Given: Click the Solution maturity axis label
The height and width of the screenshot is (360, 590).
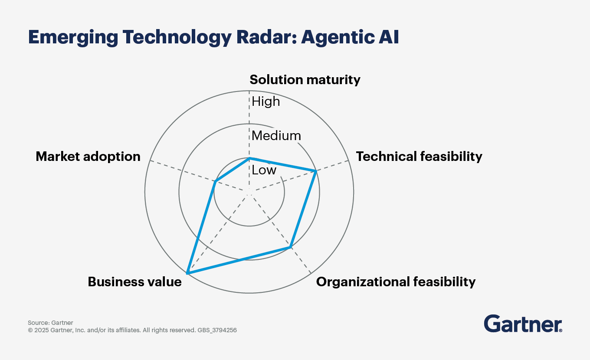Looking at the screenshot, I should (x=305, y=80).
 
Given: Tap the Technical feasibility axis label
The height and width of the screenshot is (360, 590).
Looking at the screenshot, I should (x=419, y=156).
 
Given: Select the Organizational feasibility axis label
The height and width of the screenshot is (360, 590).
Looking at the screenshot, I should (x=396, y=282).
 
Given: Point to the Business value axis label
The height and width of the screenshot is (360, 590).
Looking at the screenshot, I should (x=134, y=282).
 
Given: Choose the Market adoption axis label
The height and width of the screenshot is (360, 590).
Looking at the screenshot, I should (x=88, y=156).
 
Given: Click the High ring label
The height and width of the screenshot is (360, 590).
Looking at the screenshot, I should (x=266, y=101).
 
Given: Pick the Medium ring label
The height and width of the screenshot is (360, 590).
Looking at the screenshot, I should (x=276, y=136).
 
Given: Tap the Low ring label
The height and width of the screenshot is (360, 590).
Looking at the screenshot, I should (x=264, y=170).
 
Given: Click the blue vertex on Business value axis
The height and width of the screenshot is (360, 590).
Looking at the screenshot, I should (x=187, y=273).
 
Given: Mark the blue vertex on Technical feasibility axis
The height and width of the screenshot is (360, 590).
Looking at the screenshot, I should (x=316, y=171).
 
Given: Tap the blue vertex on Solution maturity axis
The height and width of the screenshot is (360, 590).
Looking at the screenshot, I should (x=249, y=158).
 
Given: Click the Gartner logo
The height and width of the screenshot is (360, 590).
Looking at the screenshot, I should (x=523, y=324).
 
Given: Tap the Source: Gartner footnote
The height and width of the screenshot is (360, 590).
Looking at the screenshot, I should (x=50, y=323).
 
